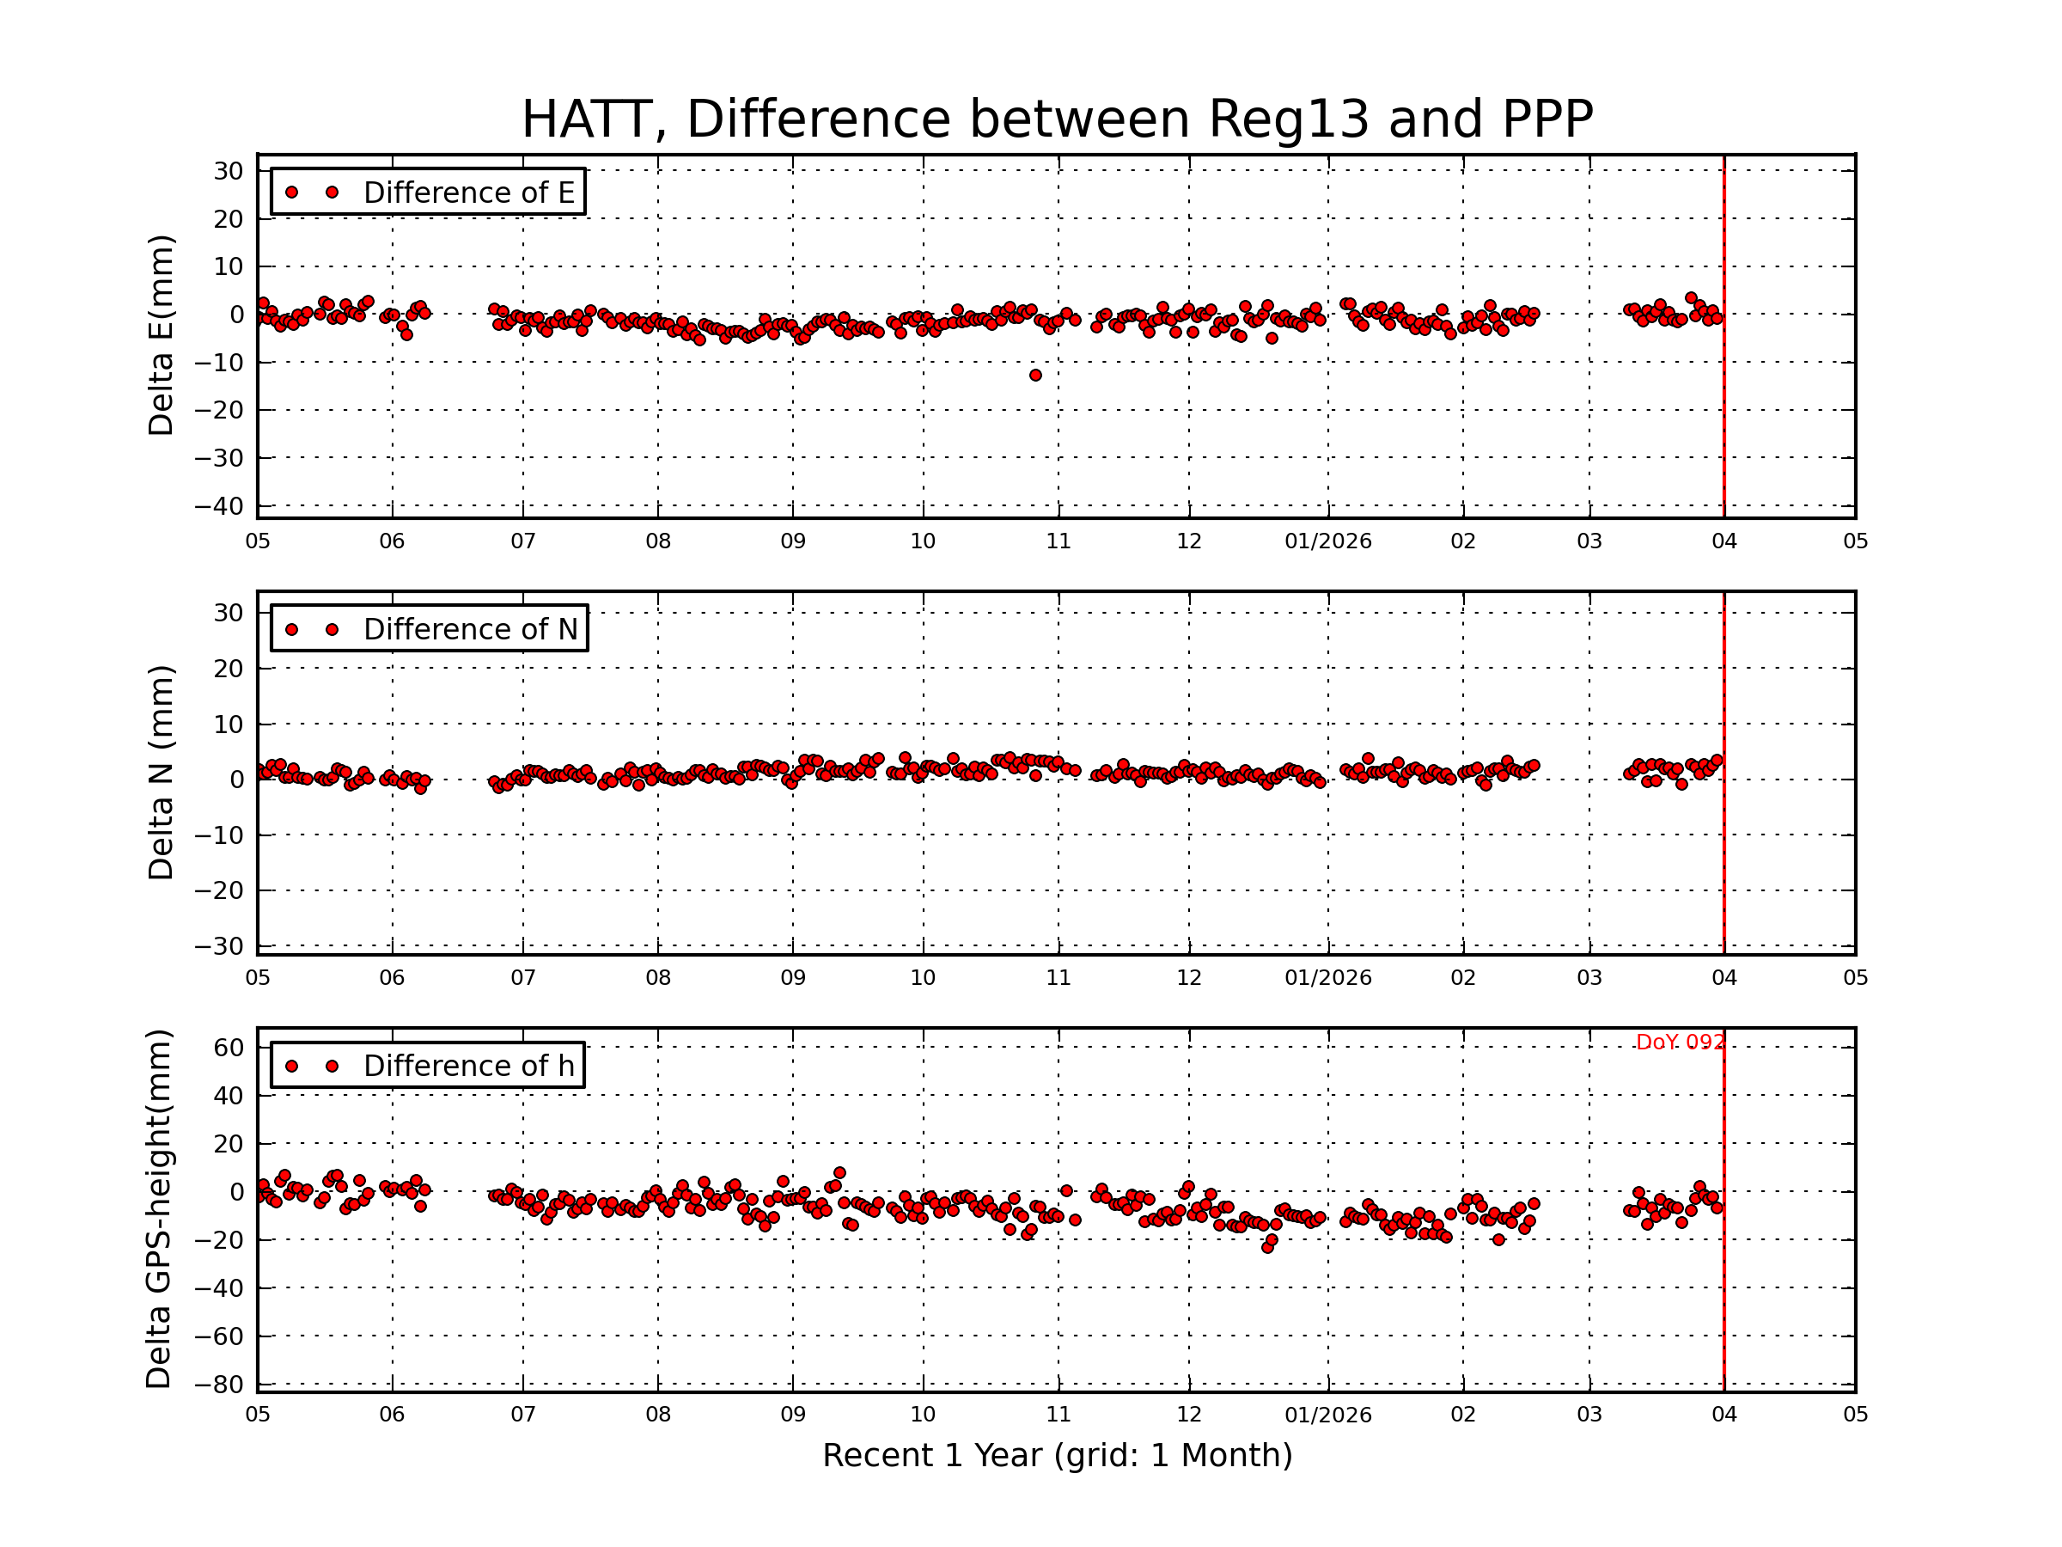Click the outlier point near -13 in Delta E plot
[x=1035, y=376]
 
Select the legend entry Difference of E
[x=468, y=193]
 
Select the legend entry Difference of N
[x=470, y=629]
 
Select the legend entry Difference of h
[x=468, y=1066]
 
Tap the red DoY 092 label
[x=1679, y=1043]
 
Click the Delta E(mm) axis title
[x=162, y=336]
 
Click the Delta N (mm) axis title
[x=162, y=772]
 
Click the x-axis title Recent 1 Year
[x=1056, y=1456]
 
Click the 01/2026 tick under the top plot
[x=1327, y=541]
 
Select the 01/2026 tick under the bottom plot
[x=1327, y=1415]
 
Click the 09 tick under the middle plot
[x=792, y=978]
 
